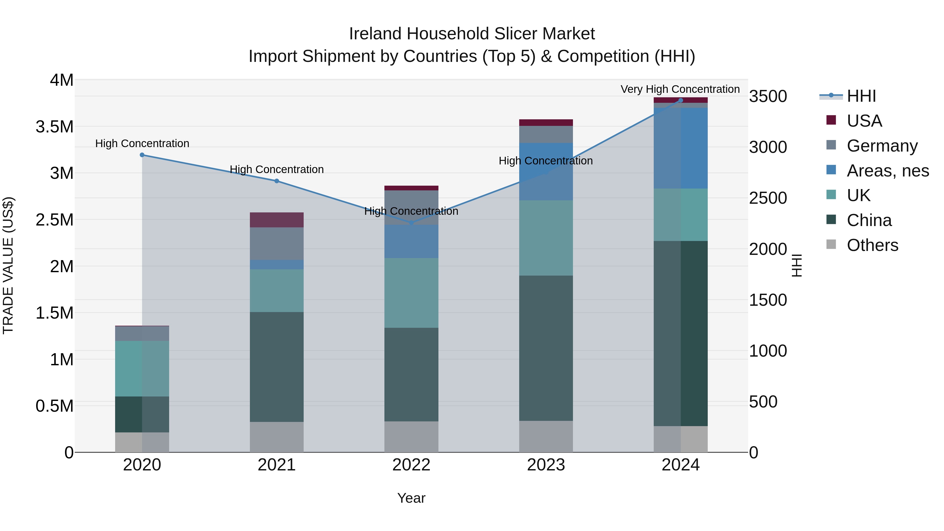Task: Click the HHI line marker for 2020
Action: click(x=142, y=155)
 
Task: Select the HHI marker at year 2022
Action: click(x=411, y=223)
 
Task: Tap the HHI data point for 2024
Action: click(x=680, y=100)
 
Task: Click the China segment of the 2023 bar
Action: click(x=546, y=348)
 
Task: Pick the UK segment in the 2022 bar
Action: click(x=411, y=293)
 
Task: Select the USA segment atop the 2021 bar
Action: click(x=277, y=220)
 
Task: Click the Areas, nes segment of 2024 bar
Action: click(x=680, y=148)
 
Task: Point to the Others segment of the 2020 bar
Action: click(x=142, y=442)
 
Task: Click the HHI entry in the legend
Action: click(x=861, y=96)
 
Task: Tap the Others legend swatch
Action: click(x=831, y=244)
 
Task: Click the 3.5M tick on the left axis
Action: click(x=55, y=127)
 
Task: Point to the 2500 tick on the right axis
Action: click(x=768, y=198)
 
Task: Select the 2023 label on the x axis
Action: click(x=546, y=465)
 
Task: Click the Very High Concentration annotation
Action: click(x=680, y=89)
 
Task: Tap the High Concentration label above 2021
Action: click(x=277, y=170)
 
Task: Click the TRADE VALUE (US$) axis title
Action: click(x=8, y=265)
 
